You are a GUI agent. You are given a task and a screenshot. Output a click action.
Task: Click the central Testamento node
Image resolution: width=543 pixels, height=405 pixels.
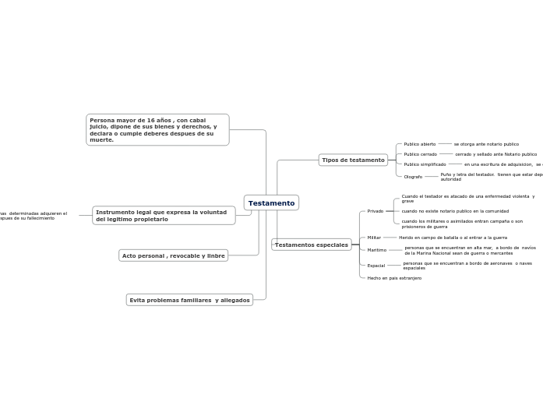pos(271,203)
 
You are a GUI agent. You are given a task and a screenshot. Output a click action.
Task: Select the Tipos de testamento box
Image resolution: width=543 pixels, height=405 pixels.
pos(353,160)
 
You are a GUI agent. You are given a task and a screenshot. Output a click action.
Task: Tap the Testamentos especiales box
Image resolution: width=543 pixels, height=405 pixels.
pos(312,245)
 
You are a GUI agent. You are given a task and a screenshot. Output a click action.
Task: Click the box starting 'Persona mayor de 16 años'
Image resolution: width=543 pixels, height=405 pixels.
pos(157,130)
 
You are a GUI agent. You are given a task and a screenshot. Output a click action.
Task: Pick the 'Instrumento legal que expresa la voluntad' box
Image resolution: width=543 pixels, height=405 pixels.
pos(164,216)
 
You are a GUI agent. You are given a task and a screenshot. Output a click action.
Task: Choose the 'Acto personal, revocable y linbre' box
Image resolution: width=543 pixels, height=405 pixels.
pos(173,255)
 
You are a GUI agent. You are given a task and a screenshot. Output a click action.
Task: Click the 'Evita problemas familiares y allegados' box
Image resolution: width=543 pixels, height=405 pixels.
pos(189,300)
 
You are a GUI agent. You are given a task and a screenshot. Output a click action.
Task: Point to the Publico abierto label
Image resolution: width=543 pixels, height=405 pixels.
pos(420,144)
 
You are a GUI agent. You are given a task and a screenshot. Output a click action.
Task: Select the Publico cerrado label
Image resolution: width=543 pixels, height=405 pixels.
pos(420,154)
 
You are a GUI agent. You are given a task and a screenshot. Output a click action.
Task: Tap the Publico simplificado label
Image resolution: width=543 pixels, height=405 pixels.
pos(425,164)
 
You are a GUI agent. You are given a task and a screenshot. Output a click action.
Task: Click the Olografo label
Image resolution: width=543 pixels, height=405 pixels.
pos(413,177)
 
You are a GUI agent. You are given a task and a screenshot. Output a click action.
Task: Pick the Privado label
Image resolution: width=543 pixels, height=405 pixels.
pos(376,211)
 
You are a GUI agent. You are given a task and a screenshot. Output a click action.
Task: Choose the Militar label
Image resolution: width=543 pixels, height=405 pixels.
pos(374,238)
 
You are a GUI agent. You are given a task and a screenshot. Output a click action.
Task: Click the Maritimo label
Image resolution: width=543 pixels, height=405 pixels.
pos(377,250)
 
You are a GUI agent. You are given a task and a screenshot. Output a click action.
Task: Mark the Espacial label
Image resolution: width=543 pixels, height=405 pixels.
pos(376,266)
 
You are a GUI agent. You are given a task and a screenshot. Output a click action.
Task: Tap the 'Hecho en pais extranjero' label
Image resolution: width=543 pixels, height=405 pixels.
pos(394,278)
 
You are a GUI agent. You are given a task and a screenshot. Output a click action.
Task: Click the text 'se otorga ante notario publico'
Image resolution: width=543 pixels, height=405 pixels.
pos(486,144)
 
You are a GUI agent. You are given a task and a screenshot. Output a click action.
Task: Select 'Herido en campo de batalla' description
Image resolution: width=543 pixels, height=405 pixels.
pos(453,238)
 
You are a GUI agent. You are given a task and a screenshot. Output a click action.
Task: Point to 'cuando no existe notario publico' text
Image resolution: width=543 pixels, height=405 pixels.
pos(455,211)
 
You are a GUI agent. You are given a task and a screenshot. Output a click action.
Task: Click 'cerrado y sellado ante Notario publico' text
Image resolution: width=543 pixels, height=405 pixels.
pos(495,154)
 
